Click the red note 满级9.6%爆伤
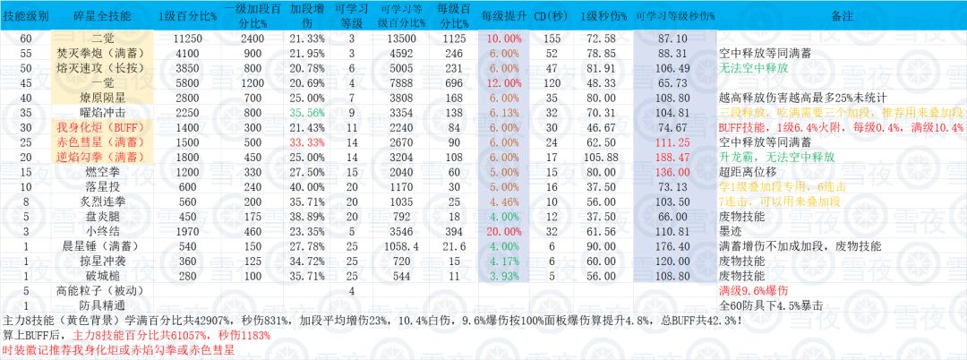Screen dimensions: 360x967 754,291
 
